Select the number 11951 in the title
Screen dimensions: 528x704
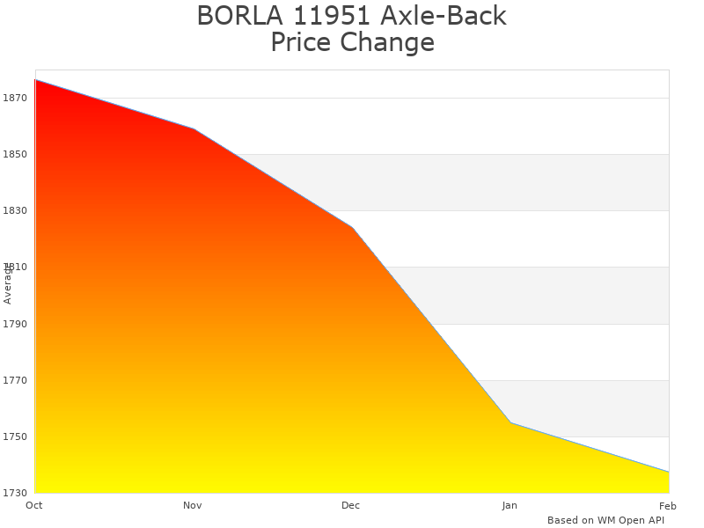[320, 16]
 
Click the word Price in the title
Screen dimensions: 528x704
[300, 42]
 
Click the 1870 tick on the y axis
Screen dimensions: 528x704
[15, 98]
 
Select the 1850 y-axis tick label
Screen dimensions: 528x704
[15, 154]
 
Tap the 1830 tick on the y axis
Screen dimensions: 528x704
[15, 210]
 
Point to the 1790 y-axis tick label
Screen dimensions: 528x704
[15, 324]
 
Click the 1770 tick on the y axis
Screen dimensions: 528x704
[15, 380]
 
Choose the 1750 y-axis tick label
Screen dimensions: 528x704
[15, 436]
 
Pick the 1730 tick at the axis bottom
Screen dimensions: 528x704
[15, 493]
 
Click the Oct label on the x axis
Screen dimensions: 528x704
[34, 505]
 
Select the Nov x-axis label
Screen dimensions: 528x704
[193, 505]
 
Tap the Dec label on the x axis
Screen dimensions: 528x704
[351, 505]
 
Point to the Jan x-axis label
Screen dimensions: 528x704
[510, 505]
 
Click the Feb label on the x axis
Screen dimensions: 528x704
[668, 505]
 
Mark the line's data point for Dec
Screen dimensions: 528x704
[352, 227]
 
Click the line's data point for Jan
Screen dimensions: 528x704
[510, 422]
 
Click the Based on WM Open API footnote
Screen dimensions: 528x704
[605, 520]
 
